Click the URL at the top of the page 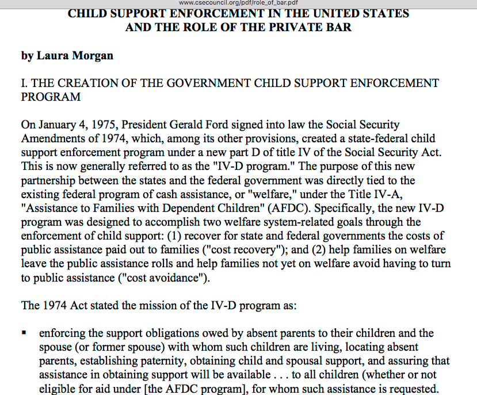tap(238, 3)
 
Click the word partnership tap(51, 180)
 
